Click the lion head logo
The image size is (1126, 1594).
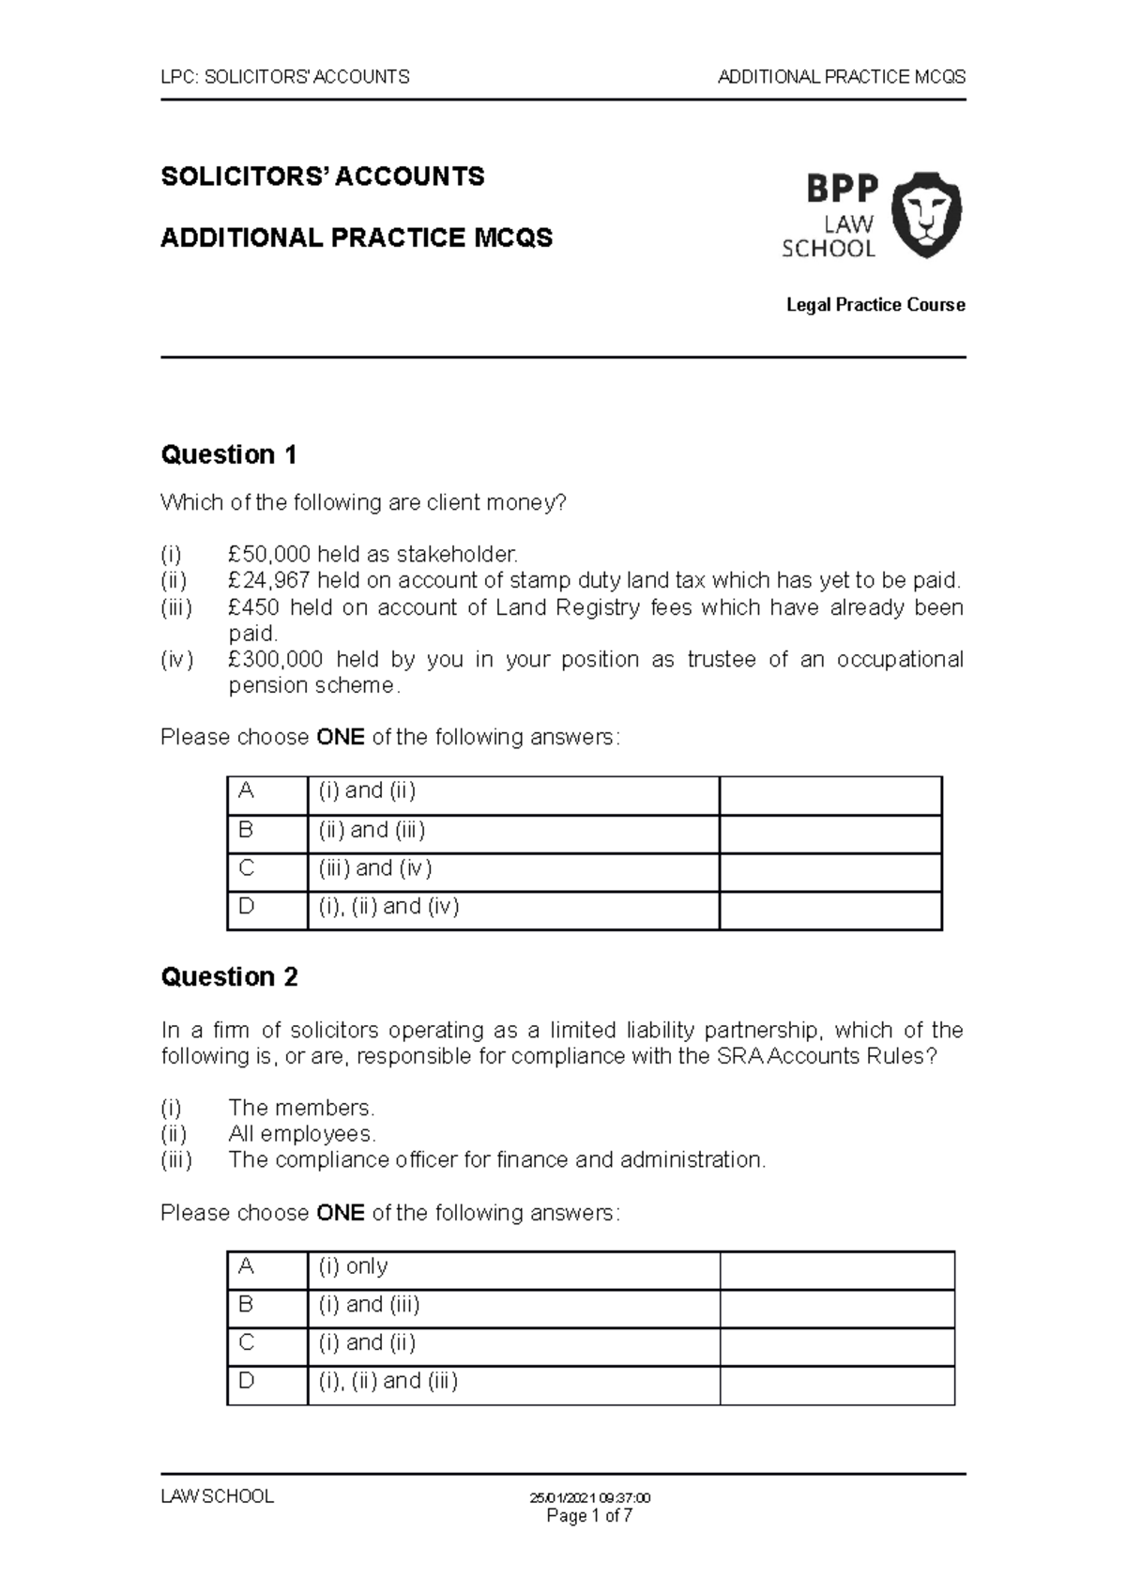pyautogui.click(x=925, y=214)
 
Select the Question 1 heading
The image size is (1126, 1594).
pyautogui.click(x=229, y=455)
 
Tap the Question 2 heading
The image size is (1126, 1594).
pyautogui.click(x=229, y=977)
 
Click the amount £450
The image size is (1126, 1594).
pyautogui.click(x=252, y=607)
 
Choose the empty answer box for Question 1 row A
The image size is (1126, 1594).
pyautogui.click(x=829, y=796)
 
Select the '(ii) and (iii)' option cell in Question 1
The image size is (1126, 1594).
pyautogui.click(x=512, y=834)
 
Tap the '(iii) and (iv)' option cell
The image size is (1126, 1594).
pyautogui.click(x=512, y=872)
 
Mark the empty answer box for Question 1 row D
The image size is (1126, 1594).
pyautogui.click(x=829, y=911)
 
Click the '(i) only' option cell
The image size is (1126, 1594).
pyautogui.click(x=512, y=1270)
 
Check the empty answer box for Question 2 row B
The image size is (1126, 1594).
pyautogui.click(x=836, y=1309)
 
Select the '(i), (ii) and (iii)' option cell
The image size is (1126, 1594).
pyautogui.click(x=512, y=1385)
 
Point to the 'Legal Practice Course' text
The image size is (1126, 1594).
pyautogui.click(x=875, y=305)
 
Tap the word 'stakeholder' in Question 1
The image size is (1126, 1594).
pyautogui.click(x=455, y=555)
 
